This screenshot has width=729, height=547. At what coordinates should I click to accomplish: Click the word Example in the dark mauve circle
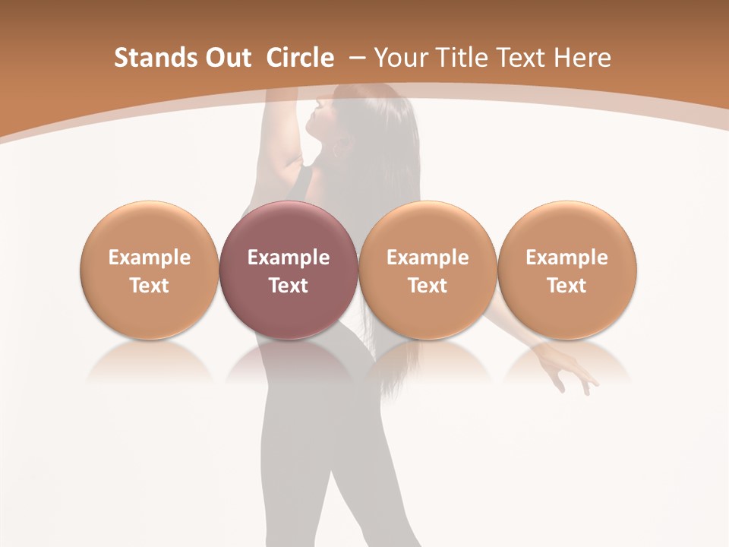click(289, 258)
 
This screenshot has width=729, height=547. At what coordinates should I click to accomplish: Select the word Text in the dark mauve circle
click(289, 286)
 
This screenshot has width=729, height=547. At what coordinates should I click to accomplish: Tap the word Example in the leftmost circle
click(150, 258)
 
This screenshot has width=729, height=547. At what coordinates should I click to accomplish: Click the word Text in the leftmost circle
click(150, 286)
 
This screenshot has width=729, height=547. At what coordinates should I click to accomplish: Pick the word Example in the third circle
click(428, 258)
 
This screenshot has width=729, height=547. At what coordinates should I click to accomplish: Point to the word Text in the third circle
click(428, 286)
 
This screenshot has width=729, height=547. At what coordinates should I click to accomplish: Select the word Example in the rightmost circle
click(566, 258)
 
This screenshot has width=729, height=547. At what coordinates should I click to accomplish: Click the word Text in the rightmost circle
click(566, 286)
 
